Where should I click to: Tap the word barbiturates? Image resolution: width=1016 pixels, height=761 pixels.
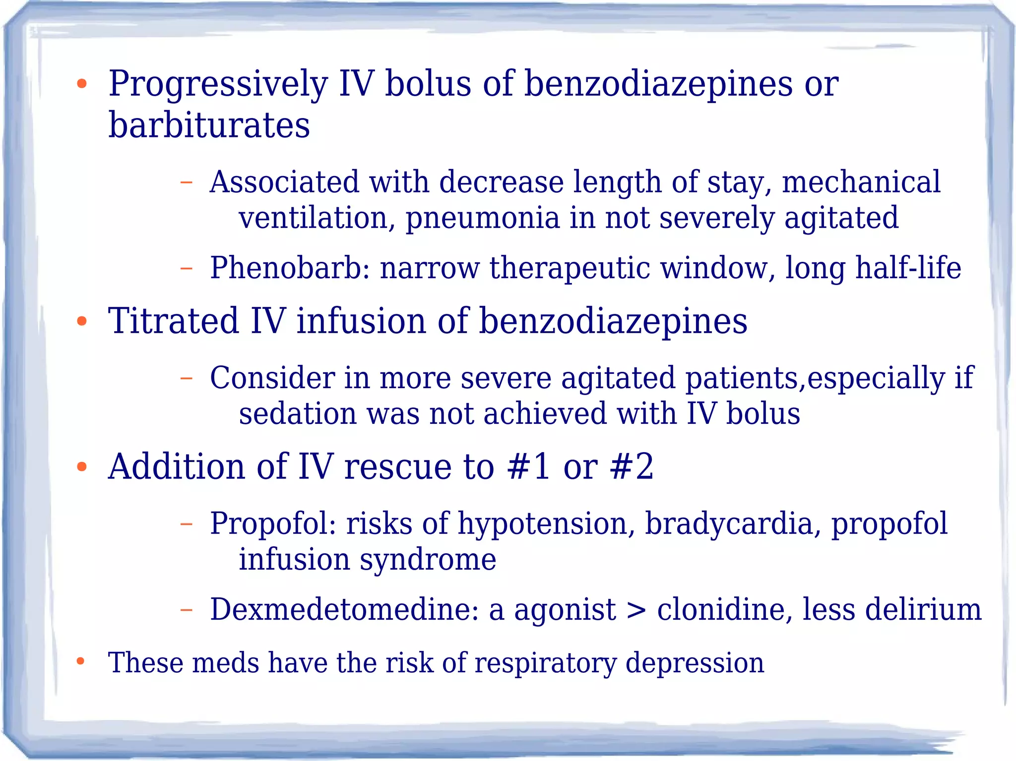point(209,125)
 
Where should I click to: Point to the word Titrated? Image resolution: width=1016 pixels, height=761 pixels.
point(174,321)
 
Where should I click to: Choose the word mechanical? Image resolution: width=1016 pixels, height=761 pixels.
point(861,182)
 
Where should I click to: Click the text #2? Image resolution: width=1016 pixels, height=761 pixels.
point(632,467)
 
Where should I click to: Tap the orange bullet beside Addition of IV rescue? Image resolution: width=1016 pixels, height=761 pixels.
point(82,467)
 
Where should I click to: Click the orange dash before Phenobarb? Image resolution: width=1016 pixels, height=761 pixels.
point(186,269)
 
